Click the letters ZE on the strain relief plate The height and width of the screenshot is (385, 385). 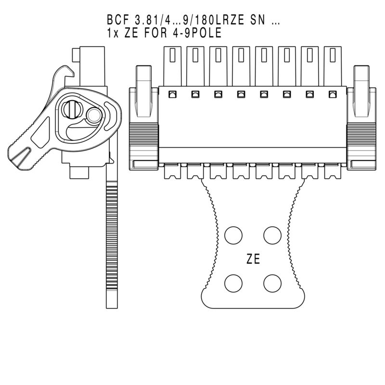253,259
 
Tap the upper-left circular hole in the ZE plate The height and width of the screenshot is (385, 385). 234,235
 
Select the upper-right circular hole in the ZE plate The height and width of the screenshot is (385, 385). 272,235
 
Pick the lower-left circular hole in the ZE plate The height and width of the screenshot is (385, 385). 234,282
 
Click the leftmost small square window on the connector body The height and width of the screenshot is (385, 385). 172,94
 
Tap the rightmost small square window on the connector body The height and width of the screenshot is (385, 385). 332,94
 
